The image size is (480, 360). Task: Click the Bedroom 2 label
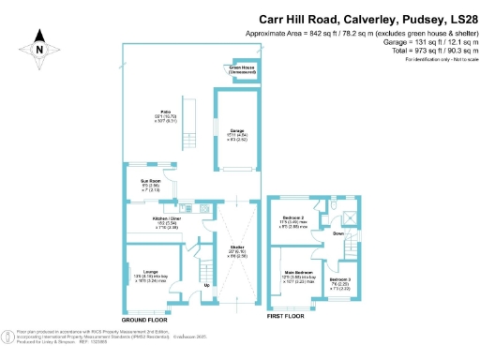[x=291, y=219]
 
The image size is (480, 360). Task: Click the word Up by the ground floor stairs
[x=206, y=285]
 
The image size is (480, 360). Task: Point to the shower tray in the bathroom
[x=349, y=217]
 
